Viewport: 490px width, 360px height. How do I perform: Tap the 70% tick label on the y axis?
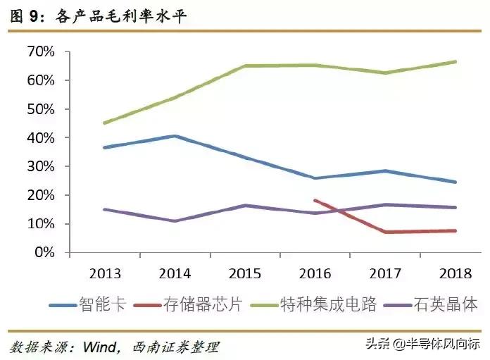click(41, 51)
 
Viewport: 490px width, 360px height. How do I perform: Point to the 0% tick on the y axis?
click(46, 252)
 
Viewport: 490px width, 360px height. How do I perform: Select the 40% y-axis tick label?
click(41, 137)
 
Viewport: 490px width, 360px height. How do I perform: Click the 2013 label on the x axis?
click(103, 272)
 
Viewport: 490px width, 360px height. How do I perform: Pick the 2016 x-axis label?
click(315, 272)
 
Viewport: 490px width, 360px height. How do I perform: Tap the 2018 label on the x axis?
click(456, 272)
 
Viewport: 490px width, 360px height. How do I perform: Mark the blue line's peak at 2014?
click(174, 136)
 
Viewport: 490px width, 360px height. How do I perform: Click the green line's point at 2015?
click(244, 66)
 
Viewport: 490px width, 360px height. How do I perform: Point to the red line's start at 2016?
click(315, 200)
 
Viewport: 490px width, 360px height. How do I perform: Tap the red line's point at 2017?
click(385, 232)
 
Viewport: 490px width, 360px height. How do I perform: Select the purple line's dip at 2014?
click(174, 221)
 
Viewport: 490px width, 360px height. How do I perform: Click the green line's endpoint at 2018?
click(456, 62)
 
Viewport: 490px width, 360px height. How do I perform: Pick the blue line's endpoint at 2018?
click(456, 182)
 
